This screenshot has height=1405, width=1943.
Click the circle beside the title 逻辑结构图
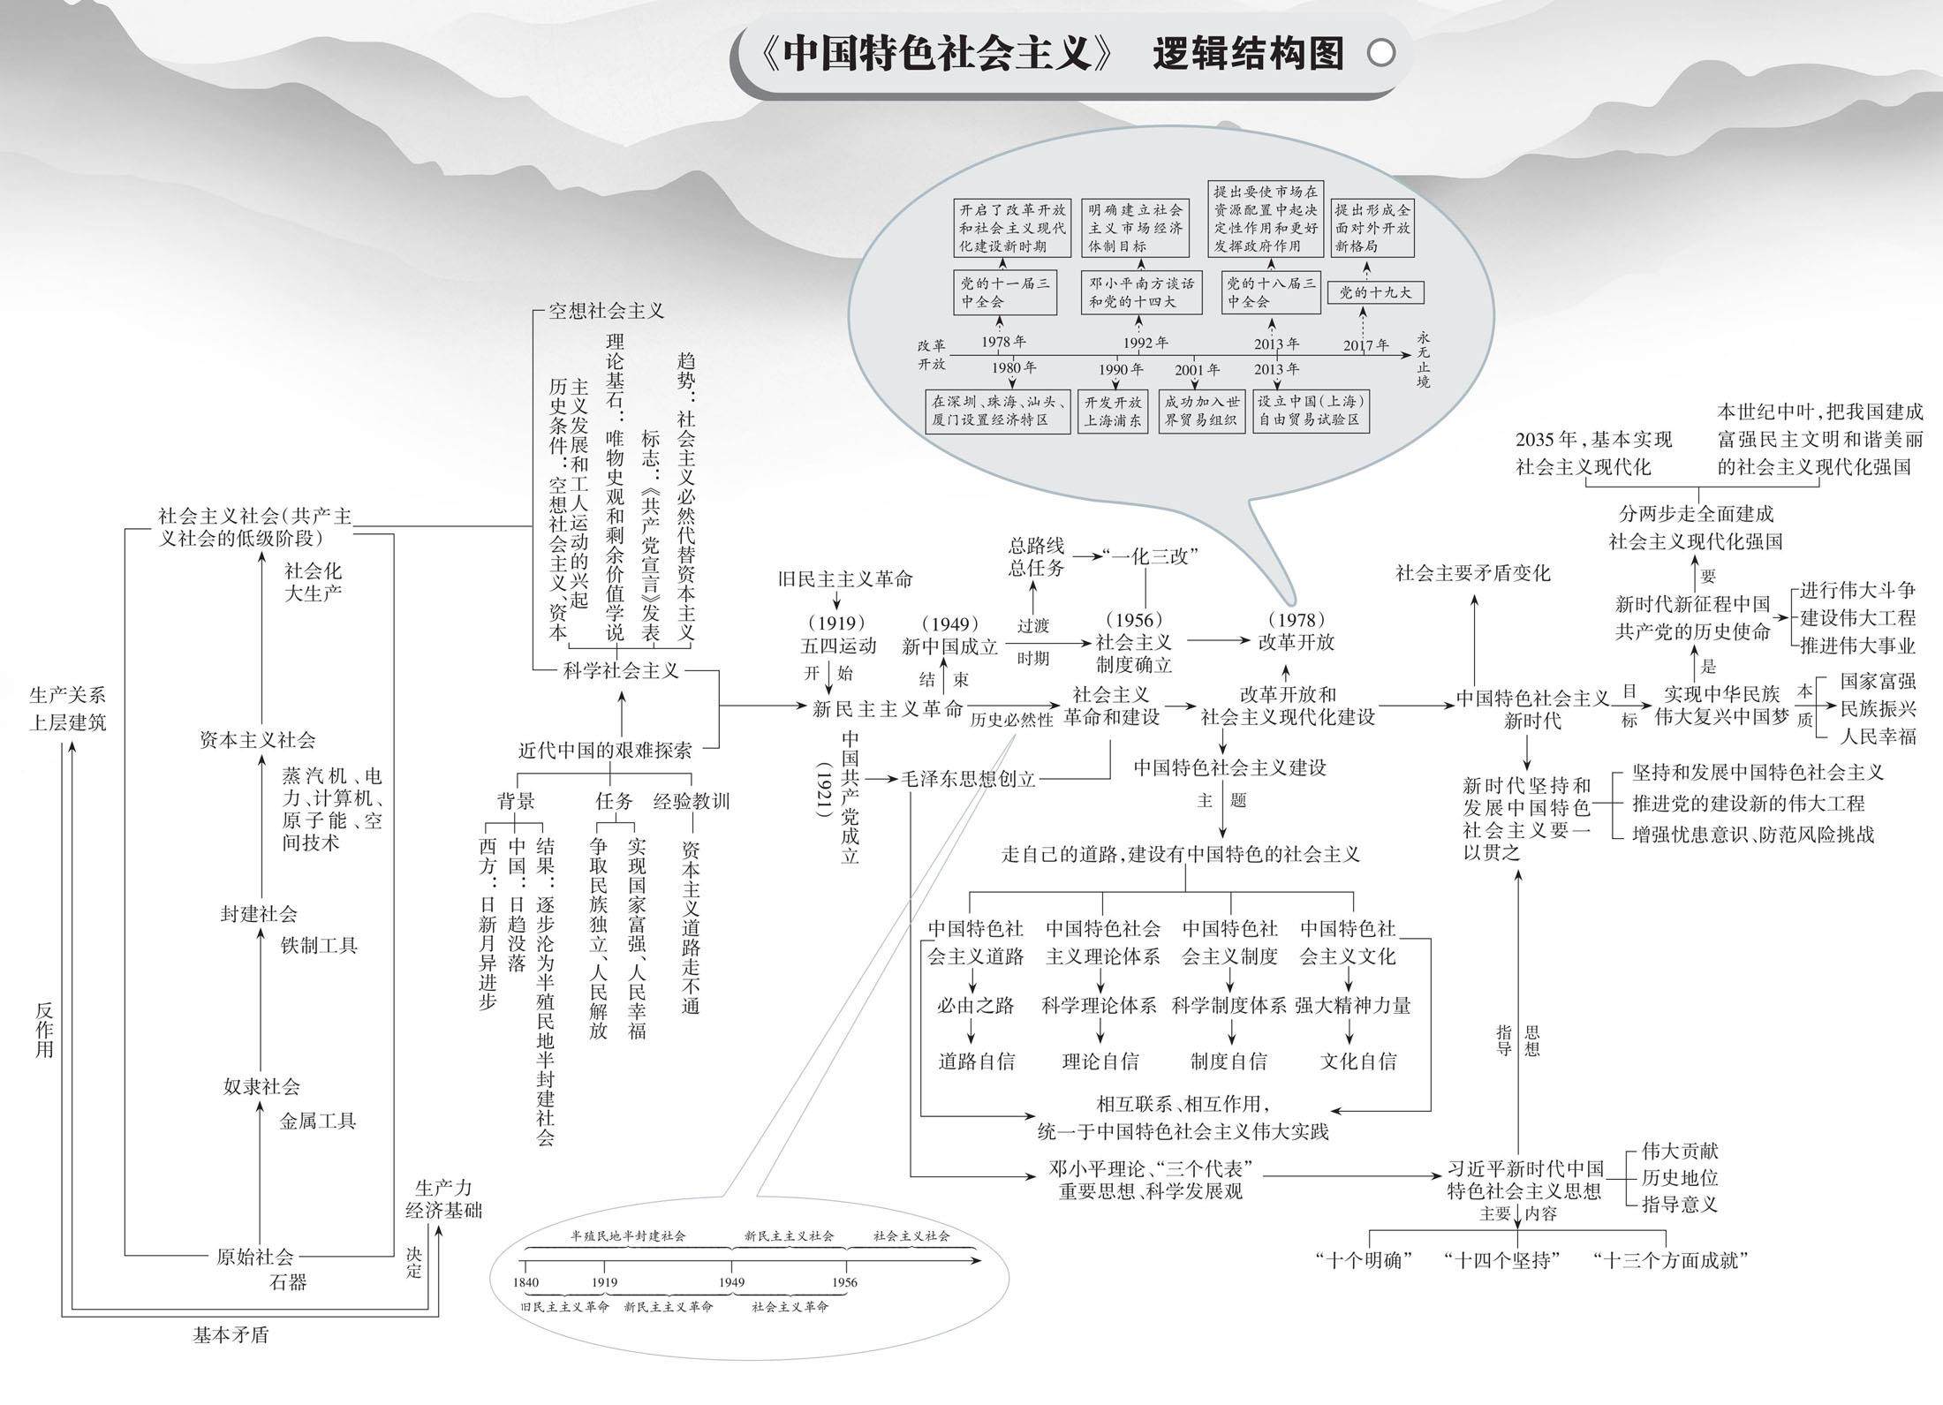(x=1381, y=54)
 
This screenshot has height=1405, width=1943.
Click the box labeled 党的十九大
(x=1375, y=292)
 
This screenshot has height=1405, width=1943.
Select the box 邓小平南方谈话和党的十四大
(x=1141, y=292)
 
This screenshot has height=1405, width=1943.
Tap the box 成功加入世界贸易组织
(x=1201, y=412)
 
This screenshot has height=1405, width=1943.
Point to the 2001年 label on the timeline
(x=1197, y=370)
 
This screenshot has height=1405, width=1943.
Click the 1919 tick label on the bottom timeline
(x=605, y=1282)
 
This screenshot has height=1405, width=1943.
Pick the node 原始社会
(x=254, y=1257)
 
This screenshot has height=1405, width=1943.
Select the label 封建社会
(x=259, y=914)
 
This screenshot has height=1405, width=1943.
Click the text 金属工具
(x=318, y=1122)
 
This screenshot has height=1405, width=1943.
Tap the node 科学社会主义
(x=622, y=671)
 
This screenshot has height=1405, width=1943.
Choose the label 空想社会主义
(x=606, y=311)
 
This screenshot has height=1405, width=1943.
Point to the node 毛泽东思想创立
(x=967, y=779)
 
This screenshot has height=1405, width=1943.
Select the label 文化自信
(x=1358, y=1061)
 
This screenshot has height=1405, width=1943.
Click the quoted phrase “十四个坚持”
(x=1501, y=1261)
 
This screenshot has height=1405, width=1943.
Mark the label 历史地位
(x=1679, y=1177)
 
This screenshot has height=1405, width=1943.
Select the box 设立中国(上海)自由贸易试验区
(x=1312, y=412)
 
